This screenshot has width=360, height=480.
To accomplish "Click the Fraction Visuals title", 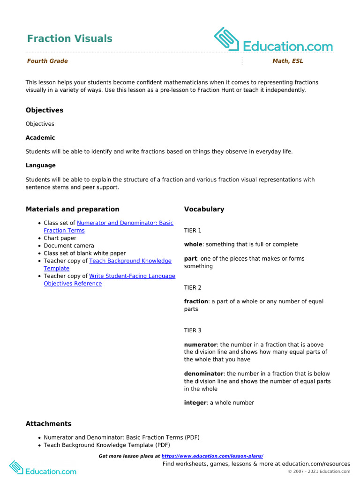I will (x=69, y=38).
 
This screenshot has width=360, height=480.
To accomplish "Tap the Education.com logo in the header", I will (x=273, y=40).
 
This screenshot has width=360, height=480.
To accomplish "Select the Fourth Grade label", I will (x=47, y=61).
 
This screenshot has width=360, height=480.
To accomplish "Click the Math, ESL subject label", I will (x=288, y=61).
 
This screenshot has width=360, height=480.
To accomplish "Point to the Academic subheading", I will (x=40, y=138).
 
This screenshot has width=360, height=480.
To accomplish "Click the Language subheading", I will (x=41, y=165).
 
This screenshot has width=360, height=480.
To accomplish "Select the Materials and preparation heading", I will (x=73, y=209).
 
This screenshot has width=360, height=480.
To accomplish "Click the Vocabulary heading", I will (x=204, y=209).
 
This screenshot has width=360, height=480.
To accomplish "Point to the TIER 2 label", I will (x=193, y=287).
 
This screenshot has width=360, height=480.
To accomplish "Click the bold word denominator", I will (x=203, y=374).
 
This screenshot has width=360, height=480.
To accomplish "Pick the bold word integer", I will (x=195, y=403).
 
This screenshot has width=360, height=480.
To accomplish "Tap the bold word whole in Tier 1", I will (x=193, y=244).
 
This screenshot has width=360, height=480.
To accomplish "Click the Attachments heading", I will (x=49, y=424).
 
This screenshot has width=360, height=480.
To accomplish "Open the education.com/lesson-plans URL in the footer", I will (x=212, y=456).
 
